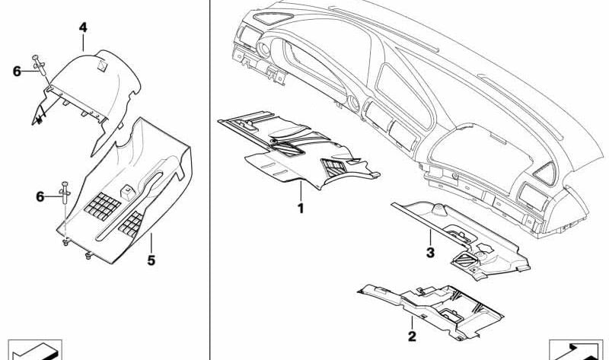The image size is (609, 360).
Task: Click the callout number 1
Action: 301,209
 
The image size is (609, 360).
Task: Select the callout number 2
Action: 412,336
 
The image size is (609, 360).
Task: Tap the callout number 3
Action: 430,253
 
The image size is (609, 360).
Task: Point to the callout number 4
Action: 83,27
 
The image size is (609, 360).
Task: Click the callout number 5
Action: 151,260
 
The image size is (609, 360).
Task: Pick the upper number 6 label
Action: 17,72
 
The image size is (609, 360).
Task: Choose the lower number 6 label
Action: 40,197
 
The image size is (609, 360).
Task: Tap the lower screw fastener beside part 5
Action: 65,193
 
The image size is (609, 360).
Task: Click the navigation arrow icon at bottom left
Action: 35,350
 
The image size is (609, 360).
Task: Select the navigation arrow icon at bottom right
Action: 576,350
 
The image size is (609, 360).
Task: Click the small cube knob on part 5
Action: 128,192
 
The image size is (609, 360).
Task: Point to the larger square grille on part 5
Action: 103,205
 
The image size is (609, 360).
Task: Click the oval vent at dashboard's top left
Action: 273,18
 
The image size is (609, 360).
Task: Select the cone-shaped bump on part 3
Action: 439,210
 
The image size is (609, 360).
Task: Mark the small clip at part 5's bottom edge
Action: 89,256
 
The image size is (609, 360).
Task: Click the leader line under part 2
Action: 412,323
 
